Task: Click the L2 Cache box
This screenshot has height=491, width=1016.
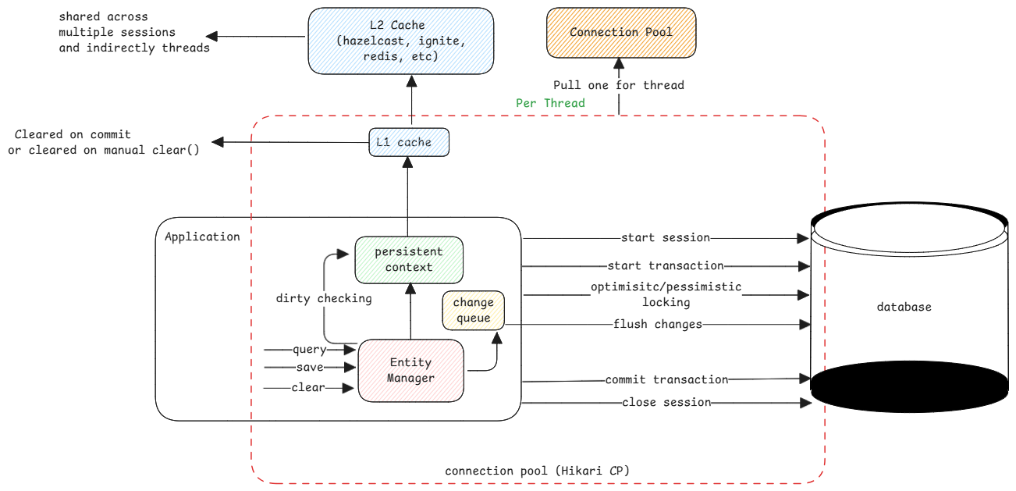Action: click(400, 41)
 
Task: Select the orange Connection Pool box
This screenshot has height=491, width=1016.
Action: click(620, 33)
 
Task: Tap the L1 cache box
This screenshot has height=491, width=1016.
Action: click(409, 142)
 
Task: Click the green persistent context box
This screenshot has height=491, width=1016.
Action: click(409, 259)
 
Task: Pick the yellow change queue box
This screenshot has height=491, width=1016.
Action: click(473, 310)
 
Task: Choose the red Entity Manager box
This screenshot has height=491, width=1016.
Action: click(411, 371)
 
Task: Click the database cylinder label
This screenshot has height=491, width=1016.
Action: click(904, 307)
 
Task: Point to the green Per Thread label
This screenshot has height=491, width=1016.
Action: click(550, 102)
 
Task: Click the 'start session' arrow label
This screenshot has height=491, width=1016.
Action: click(665, 237)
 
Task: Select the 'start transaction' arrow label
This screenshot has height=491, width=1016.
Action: click(665, 265)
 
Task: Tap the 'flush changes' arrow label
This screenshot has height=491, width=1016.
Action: click(657, 324)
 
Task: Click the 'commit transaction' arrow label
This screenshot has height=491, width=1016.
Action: click(666, 379)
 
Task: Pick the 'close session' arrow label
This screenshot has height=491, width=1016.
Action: click(666, 402)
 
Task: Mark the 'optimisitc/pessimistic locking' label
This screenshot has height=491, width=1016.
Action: click(666, 294)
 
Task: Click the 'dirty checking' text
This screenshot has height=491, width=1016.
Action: click(324, 298)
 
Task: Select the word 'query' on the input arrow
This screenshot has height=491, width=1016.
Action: click(309, 350)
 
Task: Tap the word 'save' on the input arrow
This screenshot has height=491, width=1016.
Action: click(309, 367)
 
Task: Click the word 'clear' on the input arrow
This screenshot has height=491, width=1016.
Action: click(308, 387)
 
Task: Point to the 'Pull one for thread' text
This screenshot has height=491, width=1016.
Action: click(618, 85)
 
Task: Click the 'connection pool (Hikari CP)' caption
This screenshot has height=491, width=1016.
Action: click(537, 471)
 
